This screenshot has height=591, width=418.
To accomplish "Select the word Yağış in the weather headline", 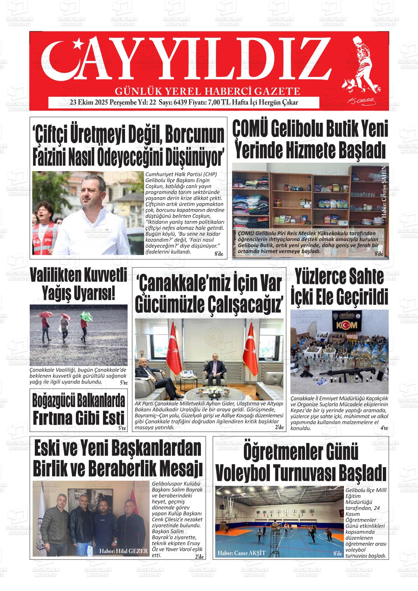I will (x=57, y=293).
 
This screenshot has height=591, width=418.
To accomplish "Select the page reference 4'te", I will (x=384, y=428).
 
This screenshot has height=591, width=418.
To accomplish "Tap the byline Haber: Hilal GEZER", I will (x=123, y=551).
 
